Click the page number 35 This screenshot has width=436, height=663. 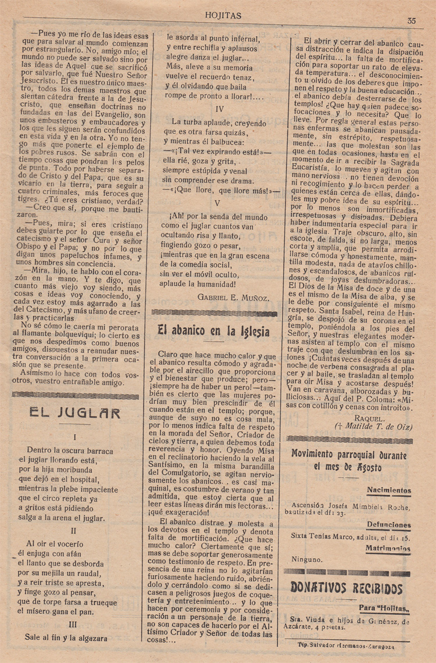(412, 21)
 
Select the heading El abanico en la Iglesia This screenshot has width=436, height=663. (213, 330)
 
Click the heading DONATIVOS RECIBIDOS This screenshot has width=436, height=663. (346, 588)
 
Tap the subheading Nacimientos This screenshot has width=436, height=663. (389, 490)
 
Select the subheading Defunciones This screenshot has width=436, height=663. (388, 525)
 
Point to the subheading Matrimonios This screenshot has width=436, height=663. (388, 548)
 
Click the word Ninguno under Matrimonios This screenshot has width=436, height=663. (306, 560)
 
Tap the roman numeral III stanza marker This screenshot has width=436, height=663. (73, 625)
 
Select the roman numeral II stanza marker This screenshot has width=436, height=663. (74, 530)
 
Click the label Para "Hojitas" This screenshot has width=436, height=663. (384, 609)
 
